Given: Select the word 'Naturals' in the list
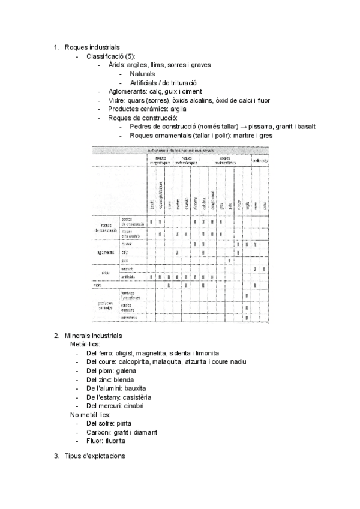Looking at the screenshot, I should pyautogui.click(x=142, y=74).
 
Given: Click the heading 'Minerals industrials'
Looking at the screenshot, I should pyautogui.click(x=93, y=335).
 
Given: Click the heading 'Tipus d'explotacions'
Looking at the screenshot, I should pyautogui.click(x=95, y=456).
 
